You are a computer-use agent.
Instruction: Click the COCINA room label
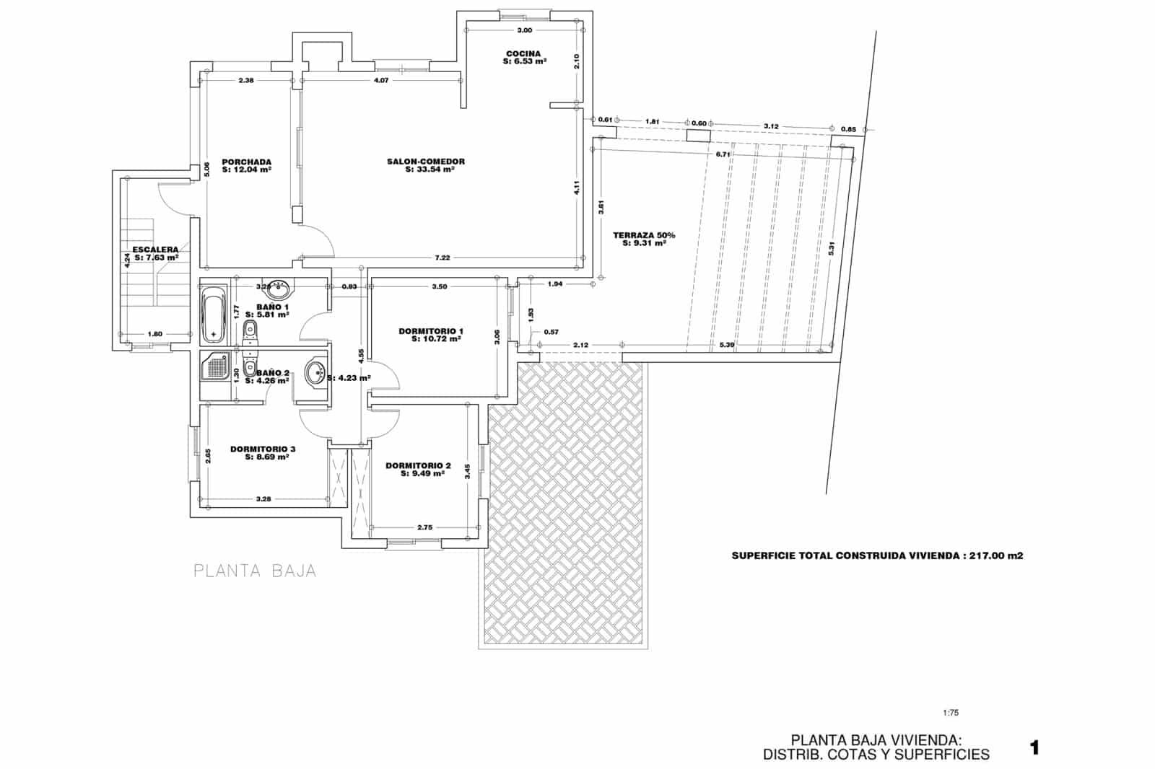tap(523, 53)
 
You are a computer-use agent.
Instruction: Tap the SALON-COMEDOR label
tap(426, 162)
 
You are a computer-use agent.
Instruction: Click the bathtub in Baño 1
tap(214, 315)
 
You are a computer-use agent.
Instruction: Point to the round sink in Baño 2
tap(315, 374)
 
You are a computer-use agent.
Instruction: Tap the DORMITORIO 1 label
tap(431, 331)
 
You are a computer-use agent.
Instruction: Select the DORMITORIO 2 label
tap(418, 466)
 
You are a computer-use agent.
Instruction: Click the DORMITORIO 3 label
tap(263, 449)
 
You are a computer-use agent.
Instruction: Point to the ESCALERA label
tap(155, 250)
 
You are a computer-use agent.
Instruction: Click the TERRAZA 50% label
tap(644, 235)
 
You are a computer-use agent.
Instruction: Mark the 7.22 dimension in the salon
tap(443, 258)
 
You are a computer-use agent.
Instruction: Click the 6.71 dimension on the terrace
tap(723, 154)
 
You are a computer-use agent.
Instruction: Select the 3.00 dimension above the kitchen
tap(525, 30)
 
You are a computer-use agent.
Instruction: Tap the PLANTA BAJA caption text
tap(255, 571)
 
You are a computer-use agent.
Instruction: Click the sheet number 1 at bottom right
tap(1034, 748)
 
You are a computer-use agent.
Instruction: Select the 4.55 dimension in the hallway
tap(360, 358)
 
